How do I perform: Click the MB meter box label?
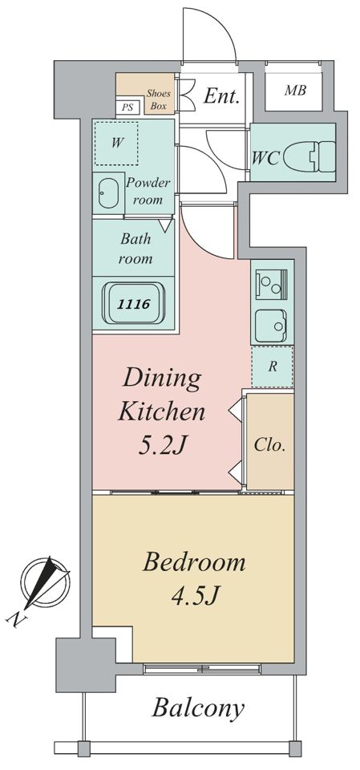coord(296,91)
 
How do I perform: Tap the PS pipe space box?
coord(127,107)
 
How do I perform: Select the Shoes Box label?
coord(158,99)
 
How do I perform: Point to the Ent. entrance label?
coord(221,96)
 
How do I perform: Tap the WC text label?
coord(265,158)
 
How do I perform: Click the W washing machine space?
coord(116,144)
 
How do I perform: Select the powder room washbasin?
coord(108,193)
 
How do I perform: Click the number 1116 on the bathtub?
coord(133,304)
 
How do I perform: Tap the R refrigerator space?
coord(273,367)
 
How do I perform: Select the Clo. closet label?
coord(269,445)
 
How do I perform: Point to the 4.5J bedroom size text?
coord(194,597)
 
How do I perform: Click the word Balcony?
coord(198,708)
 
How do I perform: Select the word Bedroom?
coord(194,563)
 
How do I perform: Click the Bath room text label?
coord(135,249)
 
